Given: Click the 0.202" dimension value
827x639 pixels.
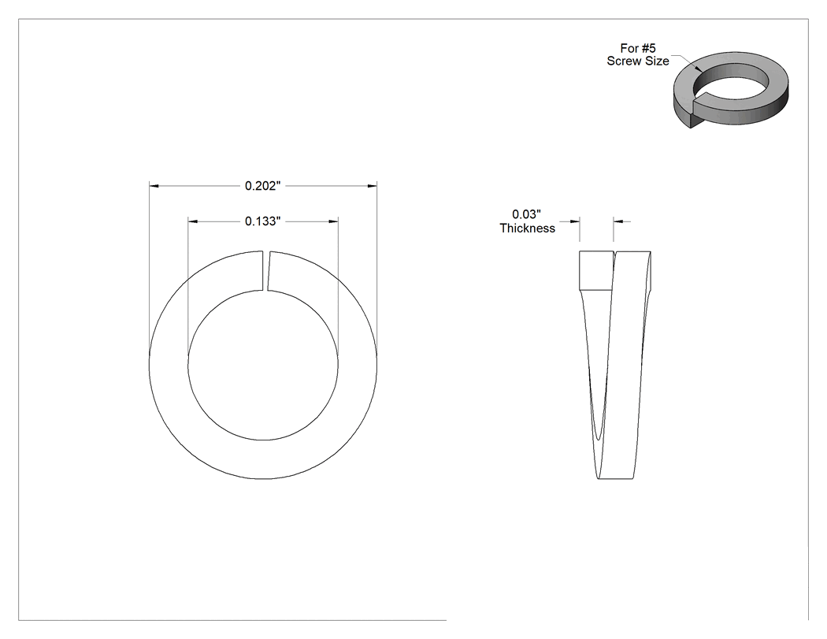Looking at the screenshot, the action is pos(262,186).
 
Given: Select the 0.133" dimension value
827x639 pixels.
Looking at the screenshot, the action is pos(262,221).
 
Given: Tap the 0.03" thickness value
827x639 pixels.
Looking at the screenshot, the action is pos(527,214).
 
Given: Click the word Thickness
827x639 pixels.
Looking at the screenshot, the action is pos(528,228).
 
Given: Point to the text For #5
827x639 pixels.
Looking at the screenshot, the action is pos(638,48).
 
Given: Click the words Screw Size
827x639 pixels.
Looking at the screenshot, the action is pos(638,61).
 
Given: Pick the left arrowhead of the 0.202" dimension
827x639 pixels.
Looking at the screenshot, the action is pos(154,186).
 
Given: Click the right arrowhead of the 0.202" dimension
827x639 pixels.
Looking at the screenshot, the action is pos(373,186).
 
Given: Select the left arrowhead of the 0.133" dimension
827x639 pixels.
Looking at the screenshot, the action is pos(193,221).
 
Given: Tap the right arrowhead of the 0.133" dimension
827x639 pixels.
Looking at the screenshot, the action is pos(333,221).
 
